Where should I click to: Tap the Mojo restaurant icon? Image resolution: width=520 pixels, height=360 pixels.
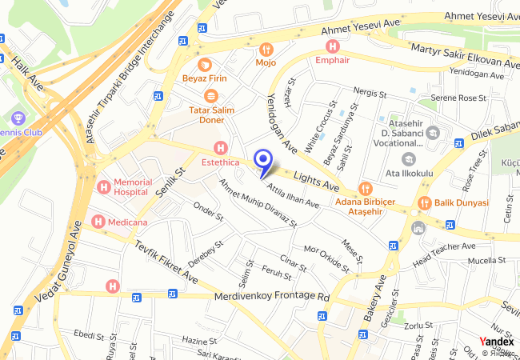266,49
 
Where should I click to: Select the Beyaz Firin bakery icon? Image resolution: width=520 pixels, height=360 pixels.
205,64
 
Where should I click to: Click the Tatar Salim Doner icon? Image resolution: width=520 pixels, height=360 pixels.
210,95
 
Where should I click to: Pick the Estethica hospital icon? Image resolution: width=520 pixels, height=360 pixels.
221,148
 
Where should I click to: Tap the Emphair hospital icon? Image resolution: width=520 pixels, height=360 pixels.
332,46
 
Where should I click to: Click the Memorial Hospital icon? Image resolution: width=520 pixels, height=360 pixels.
103,186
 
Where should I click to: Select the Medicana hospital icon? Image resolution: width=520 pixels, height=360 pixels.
98,221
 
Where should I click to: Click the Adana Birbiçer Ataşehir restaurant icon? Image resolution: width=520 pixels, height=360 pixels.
366,189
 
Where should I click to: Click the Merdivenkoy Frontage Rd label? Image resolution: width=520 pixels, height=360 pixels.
272,297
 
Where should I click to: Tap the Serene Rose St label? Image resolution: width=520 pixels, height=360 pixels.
459,98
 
